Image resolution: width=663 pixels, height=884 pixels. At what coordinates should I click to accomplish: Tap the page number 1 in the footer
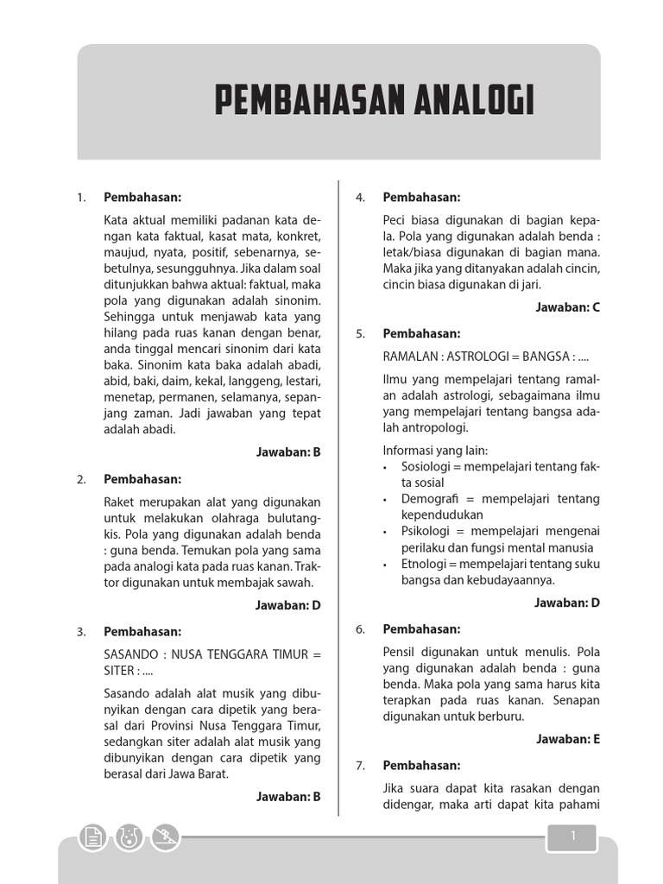point(571,836)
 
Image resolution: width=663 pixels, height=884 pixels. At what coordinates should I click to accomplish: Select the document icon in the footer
point(92,837)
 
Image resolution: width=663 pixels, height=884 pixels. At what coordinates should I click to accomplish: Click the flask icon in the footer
point(129,837)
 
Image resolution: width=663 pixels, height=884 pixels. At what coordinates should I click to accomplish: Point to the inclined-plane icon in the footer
point(166,837)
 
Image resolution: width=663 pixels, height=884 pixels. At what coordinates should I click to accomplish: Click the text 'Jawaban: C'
point(567,306)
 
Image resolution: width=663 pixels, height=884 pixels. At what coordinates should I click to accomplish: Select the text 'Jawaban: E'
point(567,739)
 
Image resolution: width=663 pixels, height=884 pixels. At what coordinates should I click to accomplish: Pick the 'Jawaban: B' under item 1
point(288,451)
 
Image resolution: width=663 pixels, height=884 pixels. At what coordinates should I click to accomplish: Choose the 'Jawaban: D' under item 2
point(288,605)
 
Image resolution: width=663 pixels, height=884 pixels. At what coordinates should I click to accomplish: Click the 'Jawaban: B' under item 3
point(288,797)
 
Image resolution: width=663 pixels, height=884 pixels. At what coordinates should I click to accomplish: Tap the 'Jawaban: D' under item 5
point(567,603)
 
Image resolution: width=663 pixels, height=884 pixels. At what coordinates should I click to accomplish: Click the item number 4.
point(361,198)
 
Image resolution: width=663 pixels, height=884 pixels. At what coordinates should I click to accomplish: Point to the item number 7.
point(361,766)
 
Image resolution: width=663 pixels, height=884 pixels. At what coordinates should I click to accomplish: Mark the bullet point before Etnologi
point(384,565)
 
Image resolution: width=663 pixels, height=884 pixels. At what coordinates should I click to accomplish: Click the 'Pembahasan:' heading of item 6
point(421,629)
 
